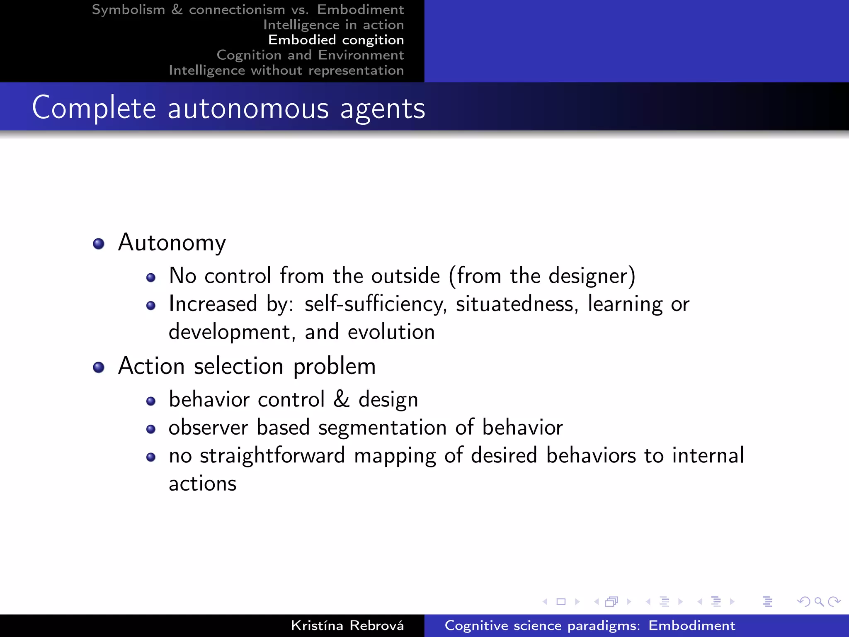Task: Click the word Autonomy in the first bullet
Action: click(172, 243)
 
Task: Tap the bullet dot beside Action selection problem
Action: click(99, 367)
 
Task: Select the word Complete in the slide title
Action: click(94, 108)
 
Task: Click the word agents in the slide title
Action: click(383, 109)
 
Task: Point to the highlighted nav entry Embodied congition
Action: click(336, 40)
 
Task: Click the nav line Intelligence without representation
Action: click(286, 71)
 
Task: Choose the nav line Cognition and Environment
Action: click(310, 55)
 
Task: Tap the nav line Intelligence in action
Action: click(333, 25)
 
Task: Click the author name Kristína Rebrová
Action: click(347, 625)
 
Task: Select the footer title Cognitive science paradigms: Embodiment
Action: click(589, 625)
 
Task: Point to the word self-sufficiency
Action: click(376, 304)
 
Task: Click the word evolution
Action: click(391, 332)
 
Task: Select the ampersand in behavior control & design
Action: click(342, 399)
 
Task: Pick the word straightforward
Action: click(272, 455)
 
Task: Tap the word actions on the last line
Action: click(202, 484)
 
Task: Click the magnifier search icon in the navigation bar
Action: click(819, 602)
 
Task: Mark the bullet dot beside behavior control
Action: click(151, 401)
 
